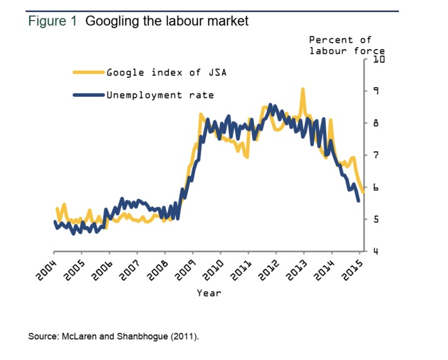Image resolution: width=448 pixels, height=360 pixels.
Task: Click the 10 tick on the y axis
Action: (378, 60)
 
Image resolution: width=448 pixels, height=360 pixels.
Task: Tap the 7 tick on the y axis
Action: (376, 155)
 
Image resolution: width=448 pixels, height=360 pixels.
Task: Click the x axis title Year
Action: (209, 293)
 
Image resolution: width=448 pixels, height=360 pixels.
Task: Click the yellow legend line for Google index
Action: (88, 72)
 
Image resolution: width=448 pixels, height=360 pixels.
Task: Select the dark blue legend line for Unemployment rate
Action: (88, 95)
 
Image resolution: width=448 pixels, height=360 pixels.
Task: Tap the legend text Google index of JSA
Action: (166, 72)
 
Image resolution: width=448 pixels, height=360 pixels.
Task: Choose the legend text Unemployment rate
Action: (160, 95)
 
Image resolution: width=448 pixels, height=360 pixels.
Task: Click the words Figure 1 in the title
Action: (53, 21)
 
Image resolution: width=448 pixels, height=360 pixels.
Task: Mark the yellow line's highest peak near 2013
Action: (303, 89)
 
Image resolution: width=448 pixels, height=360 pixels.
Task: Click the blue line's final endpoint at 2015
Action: (359, 201)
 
